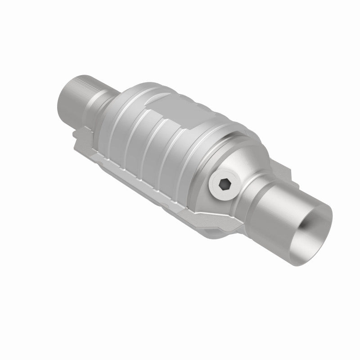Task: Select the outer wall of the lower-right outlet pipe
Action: point(288,211)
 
